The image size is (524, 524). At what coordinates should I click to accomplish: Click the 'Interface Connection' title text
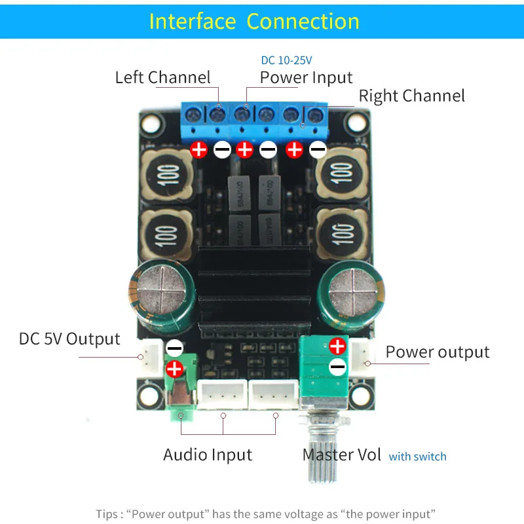tap(254, 21)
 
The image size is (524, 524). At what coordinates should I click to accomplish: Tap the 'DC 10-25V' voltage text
tap(286, 60)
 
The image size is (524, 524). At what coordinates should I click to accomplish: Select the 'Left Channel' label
tap(162, 77)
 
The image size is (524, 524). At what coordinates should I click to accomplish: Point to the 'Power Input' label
tap(306, 77)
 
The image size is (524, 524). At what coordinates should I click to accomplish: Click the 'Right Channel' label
tap(411, 96)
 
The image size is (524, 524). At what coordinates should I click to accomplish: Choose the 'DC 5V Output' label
tap(69, 339)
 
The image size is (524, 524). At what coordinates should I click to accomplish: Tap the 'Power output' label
tap(437, 352)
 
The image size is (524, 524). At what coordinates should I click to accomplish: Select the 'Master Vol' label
tap(341, 455)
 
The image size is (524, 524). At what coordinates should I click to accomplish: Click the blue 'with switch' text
tap(417, 457)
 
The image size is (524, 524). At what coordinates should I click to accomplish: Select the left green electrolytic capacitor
tap(161, 295)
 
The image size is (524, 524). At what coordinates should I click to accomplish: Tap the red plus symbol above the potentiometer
tap(337, 346)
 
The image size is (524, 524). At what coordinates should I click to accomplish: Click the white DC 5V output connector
tap(150, 356)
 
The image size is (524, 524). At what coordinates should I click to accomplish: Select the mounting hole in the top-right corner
tap(358, 122)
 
